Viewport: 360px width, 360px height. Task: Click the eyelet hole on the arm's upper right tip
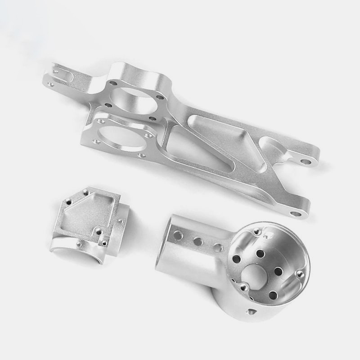point(306,161)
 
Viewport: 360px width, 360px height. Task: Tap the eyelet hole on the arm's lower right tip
point(295,213)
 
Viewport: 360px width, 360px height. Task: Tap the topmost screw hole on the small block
point(85,193)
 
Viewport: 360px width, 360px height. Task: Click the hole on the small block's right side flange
point(120,221)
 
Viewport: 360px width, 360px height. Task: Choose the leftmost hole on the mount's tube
point(178,234)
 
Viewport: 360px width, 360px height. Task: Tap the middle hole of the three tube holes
point(198,241)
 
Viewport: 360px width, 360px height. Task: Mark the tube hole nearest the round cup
point(217,247)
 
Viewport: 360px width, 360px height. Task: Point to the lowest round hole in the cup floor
point(273,295)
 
